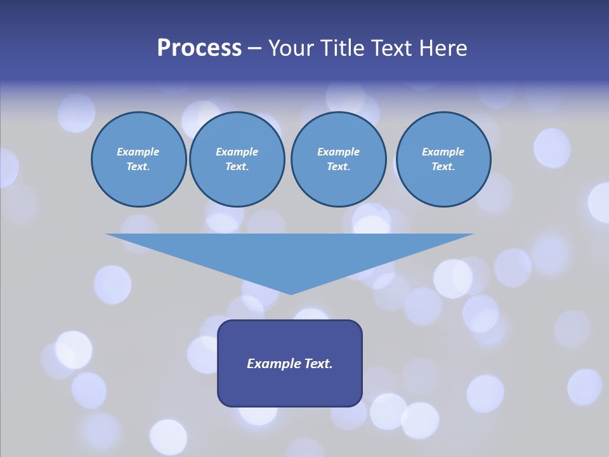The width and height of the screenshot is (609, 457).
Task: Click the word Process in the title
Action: coord(199,48)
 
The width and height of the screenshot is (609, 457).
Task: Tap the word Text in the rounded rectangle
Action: coord(318,364)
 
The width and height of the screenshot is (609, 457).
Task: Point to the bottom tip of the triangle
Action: coord(291,293)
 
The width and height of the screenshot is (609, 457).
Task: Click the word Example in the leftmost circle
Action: coord(138,152)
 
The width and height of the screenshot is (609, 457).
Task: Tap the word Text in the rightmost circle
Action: coord(443,166)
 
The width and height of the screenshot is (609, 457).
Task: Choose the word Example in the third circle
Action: coord(338,152)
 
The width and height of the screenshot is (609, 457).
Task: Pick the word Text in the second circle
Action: coord(237,166)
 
